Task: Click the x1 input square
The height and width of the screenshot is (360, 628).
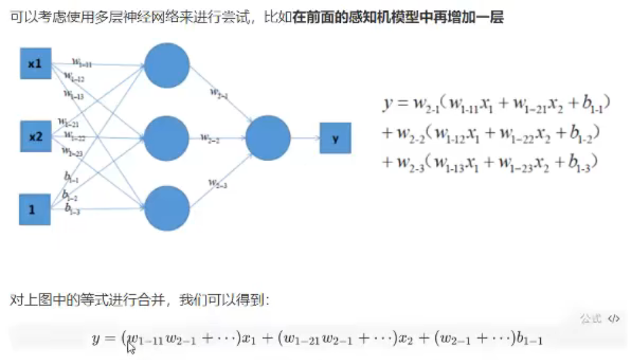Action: coord(35,63)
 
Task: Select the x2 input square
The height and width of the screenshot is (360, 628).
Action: coord(35,135)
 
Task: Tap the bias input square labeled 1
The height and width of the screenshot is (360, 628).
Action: coord(35,209)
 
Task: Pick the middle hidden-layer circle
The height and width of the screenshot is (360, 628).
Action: coord(167,137)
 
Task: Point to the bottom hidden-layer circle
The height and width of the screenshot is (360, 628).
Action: coord(167,209)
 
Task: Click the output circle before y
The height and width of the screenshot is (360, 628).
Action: coord(268,137)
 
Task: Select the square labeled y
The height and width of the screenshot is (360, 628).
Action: coord(335,138)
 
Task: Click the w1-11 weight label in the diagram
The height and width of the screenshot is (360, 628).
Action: coord(82,62)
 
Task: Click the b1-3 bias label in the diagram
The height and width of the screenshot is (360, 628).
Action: coord(72,211)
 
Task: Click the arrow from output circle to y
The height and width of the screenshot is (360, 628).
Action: coord(305,138)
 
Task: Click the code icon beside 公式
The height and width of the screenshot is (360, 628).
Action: coord(614,319)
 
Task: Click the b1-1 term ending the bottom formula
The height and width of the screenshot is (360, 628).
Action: coord(529,340)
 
